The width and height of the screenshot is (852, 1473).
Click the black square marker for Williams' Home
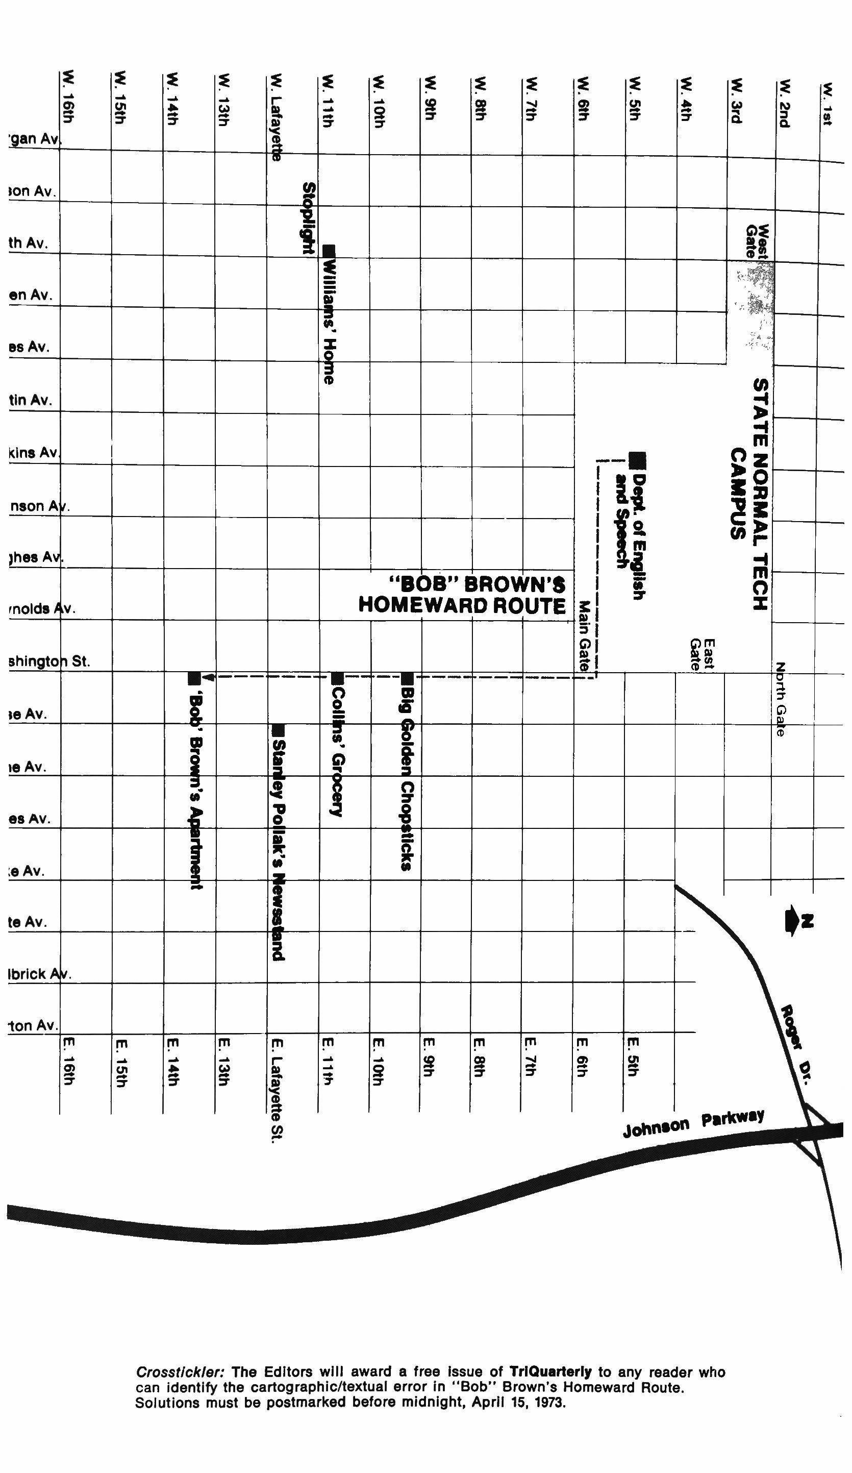pyautogui.click(x=329, y=250)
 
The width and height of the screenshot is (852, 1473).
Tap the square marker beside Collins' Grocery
pyautogui.click(x=337, y=679)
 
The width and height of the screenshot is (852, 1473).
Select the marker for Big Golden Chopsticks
pyautogui.click(x=407, y=679)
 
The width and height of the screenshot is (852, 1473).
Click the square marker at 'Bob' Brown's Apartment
pyautogui.click(x=194, y=679)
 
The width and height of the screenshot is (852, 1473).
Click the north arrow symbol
pyautogui.click(x=797, y=922)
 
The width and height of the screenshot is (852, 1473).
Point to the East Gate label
pyautogui.click(x=702, y=655)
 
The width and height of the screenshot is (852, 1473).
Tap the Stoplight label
pyautogui.click(x=309, y=218)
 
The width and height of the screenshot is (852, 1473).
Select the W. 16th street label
pyautogui.click(x=68, y=97)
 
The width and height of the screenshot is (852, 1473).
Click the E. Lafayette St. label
pyautogui.click(x=277, y=1089)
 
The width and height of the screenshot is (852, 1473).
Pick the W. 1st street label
pyautogui.click(x=827, y=104)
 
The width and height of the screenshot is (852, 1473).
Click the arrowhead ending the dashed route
pyautogui.click(x=209, y=678)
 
